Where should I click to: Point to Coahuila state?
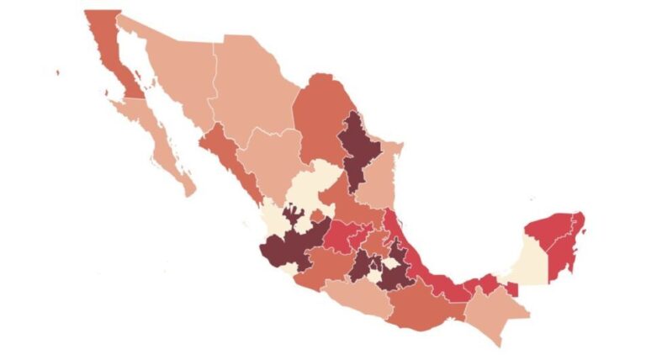320,118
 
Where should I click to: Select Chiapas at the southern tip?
492,315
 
